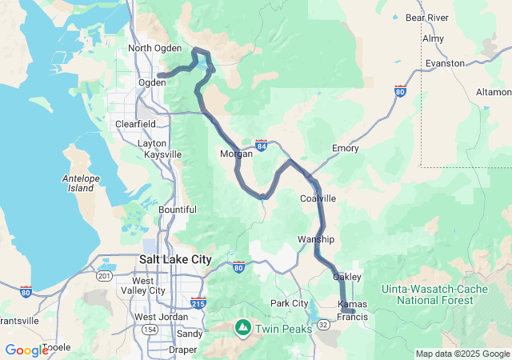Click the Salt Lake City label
[175, 259]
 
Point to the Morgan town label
[236, 154]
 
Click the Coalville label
[318, 198]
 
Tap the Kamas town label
[353, 305]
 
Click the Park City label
[289, 303]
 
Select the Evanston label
[445, 63]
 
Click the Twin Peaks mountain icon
[242, 326]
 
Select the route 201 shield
[103, 276]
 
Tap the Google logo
[26, 350]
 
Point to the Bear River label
[426, 17]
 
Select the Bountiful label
[177, 210]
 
